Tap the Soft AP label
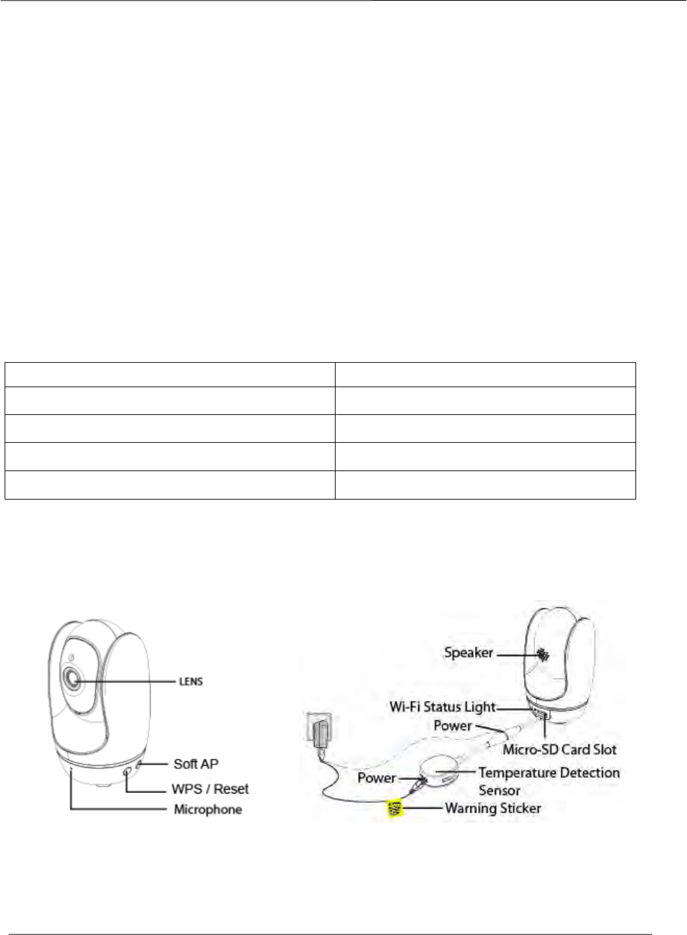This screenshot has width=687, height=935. pyautogui.click(x=196, y=764)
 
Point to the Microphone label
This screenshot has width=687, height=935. pyautogui.click(x=207, y=809)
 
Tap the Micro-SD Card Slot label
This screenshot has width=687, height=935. pyautogui.click(x=560, y=750)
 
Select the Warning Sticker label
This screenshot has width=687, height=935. pyautogui.click(x=493, y=807)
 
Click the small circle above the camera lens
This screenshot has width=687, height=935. pyautogui.click(x=69, y=657)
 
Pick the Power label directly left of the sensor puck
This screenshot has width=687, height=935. pyautogui.click(x=377, y=778)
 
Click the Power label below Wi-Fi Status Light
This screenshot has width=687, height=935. pyautogui.click(x=452, y=726)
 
